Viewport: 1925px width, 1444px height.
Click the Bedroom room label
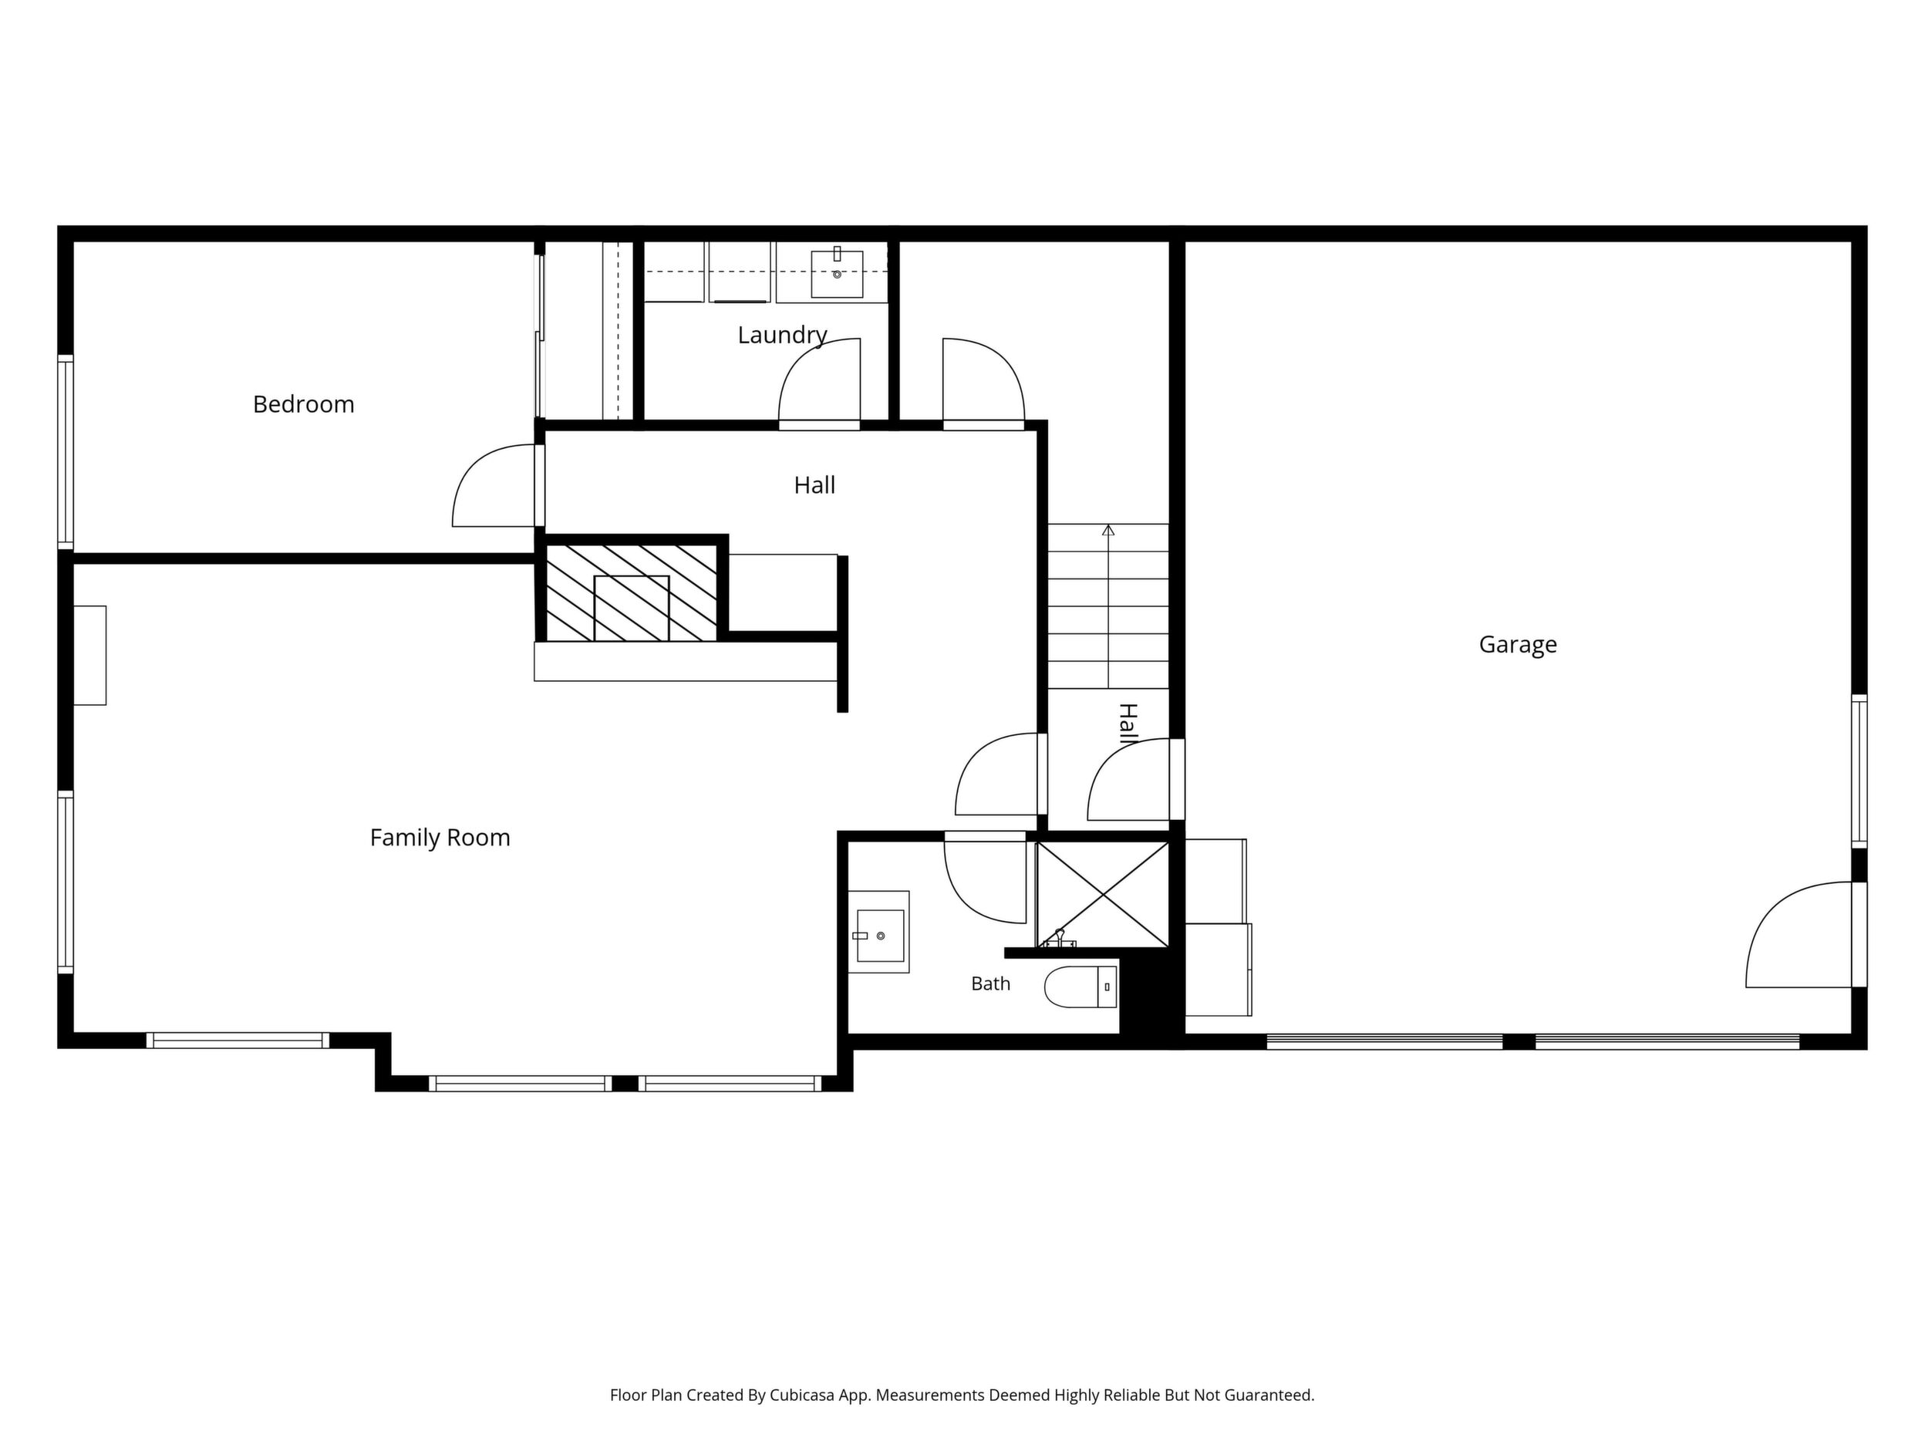point(304,405)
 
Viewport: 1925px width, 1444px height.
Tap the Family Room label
point(440,838)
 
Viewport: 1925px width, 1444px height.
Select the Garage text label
point(1518,645)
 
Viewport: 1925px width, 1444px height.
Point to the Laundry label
point(782,335)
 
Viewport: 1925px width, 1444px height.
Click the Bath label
point(990,983)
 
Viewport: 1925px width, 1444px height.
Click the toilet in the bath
point(1080,987)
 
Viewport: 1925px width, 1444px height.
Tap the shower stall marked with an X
point(1104,894)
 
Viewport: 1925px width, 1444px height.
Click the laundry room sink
point(836,273)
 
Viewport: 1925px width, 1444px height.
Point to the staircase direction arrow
point(1107,606)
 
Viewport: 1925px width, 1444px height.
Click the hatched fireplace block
point(631,592)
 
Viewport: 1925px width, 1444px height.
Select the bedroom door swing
point(494,486)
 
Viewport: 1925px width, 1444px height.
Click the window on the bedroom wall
point(66,452)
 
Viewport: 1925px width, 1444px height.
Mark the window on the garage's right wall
point(1859,771)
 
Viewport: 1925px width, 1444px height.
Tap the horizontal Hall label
point(814,486)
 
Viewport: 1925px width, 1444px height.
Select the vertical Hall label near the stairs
point(1128,724)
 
